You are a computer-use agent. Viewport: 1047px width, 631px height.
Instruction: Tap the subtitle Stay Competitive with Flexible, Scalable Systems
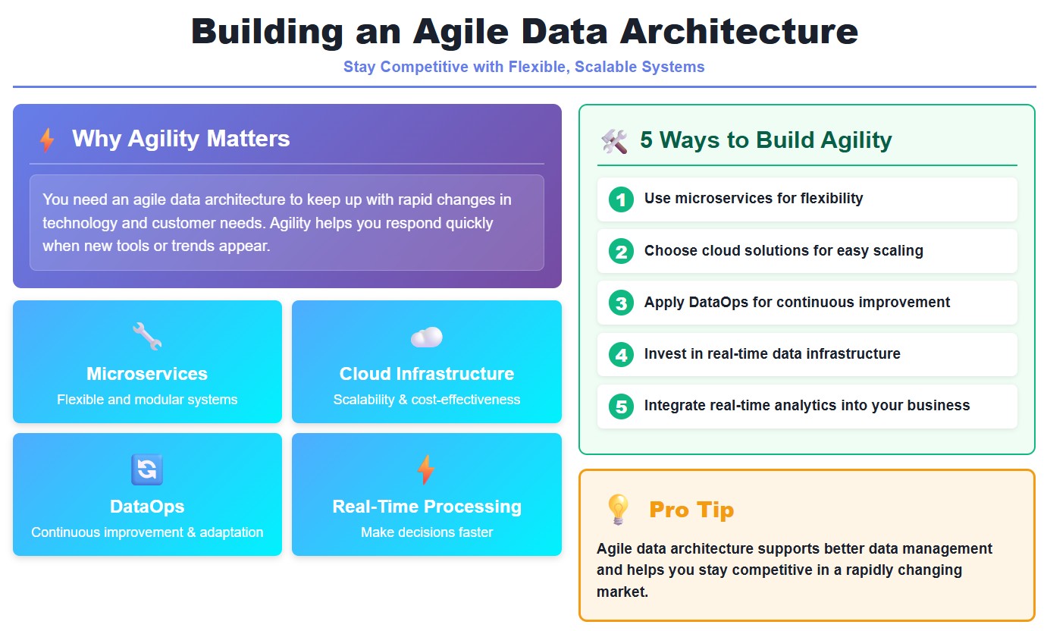[524, 67]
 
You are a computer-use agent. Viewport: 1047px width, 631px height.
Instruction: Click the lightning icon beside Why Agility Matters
[47, 140]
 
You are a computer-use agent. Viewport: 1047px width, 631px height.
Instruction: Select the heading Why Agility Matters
[180, 139]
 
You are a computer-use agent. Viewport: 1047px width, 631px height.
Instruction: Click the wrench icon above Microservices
[147, 336]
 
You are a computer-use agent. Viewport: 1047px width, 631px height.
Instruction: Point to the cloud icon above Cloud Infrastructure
[426, 337]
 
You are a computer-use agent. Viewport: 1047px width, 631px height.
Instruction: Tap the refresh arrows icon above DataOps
[147, 469]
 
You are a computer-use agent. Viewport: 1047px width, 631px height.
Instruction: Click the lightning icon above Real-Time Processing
[426, 469]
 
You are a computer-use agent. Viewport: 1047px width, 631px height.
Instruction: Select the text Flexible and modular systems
[147, 400]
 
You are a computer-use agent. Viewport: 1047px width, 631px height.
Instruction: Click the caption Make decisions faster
[426, 532]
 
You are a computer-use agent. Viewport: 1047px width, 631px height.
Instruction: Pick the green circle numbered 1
[621, 199]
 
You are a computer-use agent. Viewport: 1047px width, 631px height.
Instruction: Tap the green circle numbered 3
[621, 303]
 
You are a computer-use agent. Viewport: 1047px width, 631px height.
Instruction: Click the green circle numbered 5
[621, 406]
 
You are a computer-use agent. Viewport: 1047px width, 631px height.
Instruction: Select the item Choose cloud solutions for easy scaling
[783, 251]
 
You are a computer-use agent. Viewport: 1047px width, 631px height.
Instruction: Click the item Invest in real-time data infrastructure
[772, 354]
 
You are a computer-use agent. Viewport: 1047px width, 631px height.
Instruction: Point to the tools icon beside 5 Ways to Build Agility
[614, 141]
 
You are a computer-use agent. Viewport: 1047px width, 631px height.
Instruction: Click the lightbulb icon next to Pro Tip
[618, 510]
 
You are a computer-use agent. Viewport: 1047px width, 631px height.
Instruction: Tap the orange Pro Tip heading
[691, 510]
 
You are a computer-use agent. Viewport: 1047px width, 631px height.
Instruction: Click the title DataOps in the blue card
[147, 507]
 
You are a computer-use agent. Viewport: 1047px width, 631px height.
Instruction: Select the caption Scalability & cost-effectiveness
[426, 400]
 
